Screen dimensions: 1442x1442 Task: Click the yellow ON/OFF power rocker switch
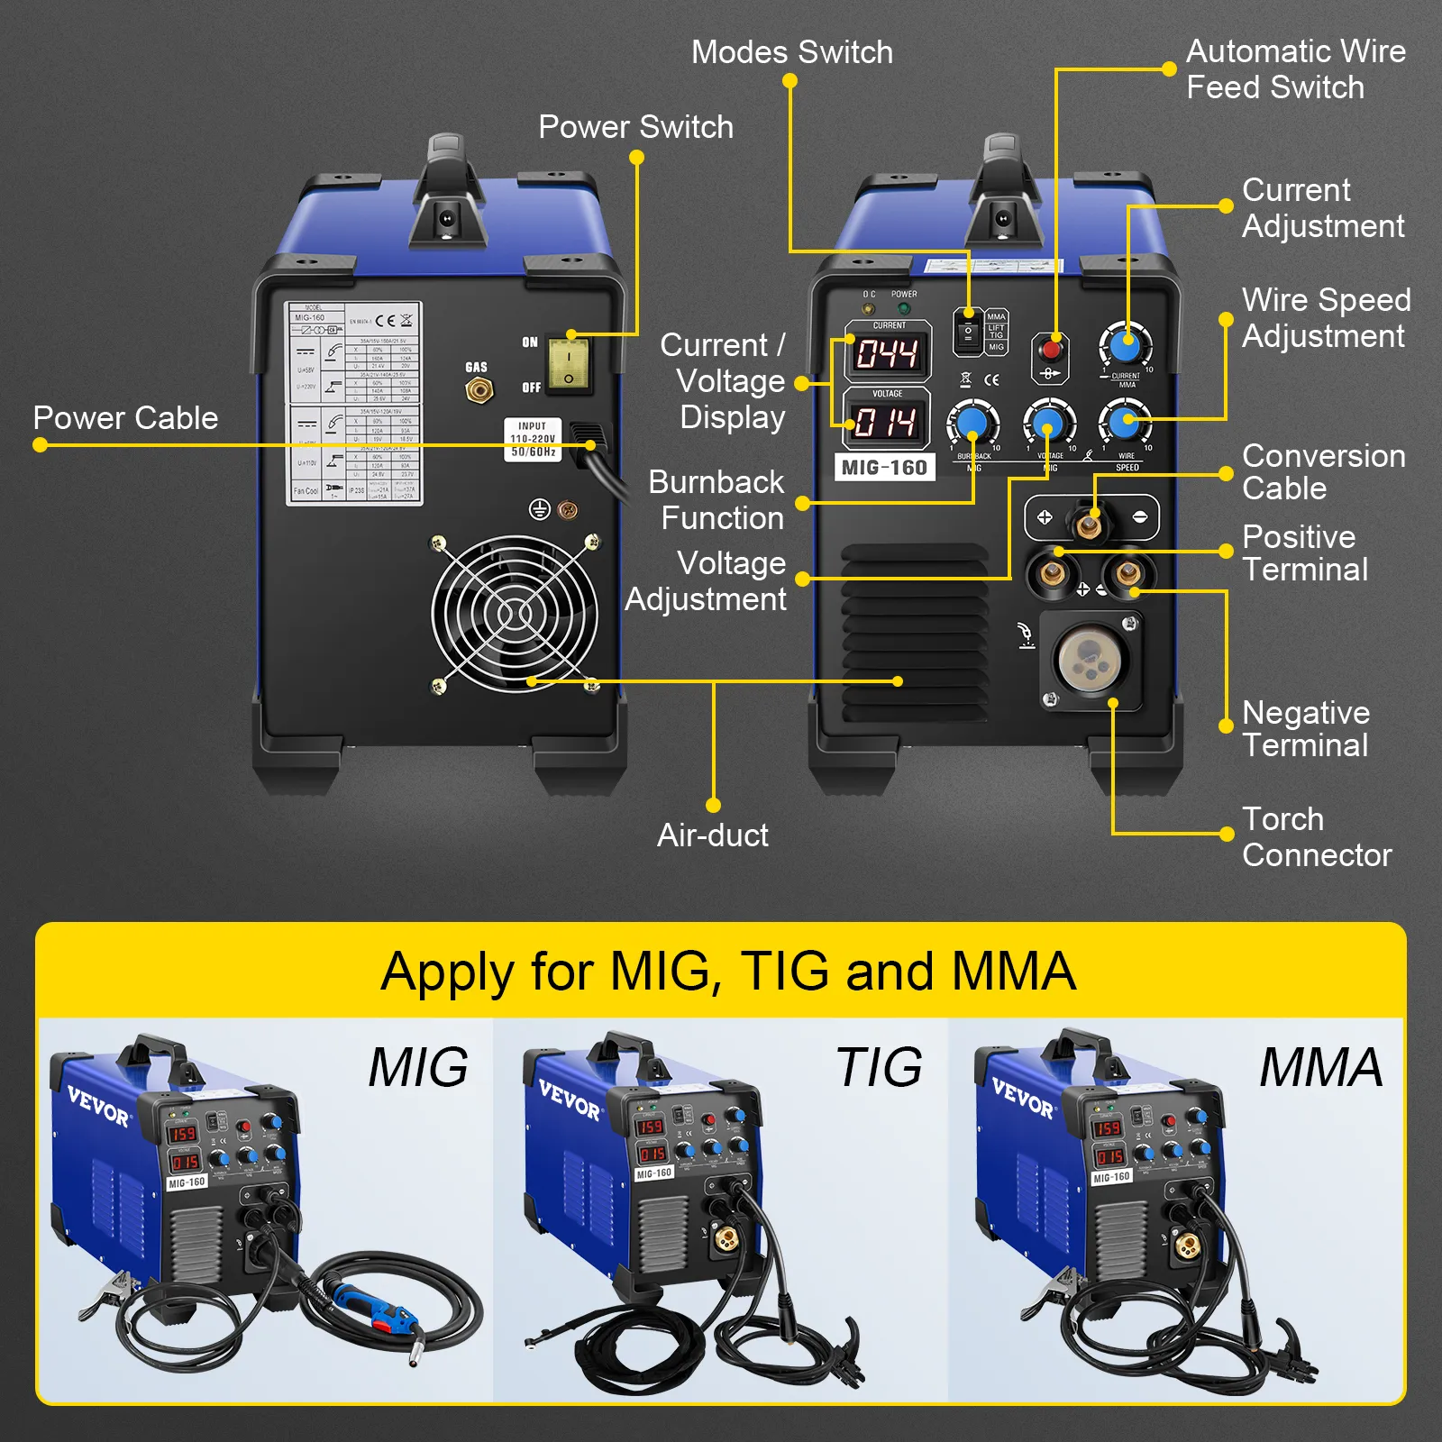tap(569, 365)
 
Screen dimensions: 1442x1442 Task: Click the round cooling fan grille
tap(515, 614)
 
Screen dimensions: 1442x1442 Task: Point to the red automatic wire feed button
tap(1050, 349)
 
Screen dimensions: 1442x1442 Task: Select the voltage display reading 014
tap(886, 422)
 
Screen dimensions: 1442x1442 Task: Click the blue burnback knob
tap(972, 422)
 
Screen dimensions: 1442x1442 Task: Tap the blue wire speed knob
tap(1124, 421)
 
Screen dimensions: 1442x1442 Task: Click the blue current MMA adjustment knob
tap(1125, 345)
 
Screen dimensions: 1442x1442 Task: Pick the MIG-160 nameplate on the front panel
tap(884, 467)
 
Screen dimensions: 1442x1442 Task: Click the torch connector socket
tap(1091, 659)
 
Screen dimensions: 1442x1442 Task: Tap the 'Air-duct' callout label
tap(713, 835)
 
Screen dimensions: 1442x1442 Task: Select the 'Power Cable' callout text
tap(125, 418)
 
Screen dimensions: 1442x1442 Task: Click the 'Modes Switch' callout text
tap(791, 52)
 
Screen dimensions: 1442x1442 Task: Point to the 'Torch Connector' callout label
tap(1316, 836)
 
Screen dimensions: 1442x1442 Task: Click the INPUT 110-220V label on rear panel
tap(533, 439)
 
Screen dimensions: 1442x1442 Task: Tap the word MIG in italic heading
tap(418, 1067)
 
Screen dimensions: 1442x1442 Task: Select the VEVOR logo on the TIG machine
tap(570, 1100)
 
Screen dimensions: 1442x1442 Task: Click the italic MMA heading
tap(1320, 1067)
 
